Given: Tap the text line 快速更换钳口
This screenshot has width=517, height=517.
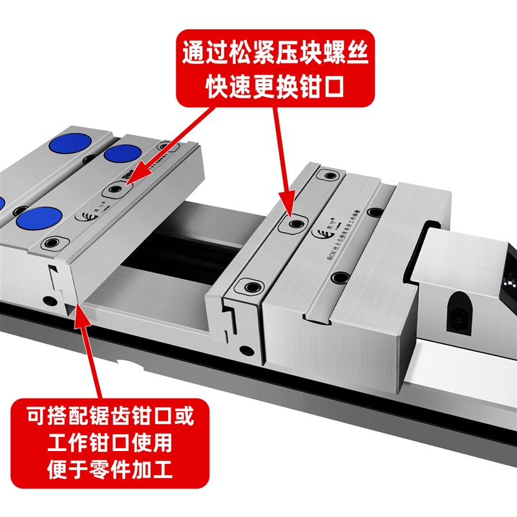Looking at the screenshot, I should point(276,87).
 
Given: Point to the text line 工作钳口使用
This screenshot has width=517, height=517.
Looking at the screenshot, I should point(110,443).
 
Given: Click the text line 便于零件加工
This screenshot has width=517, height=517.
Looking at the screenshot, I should point(110,472).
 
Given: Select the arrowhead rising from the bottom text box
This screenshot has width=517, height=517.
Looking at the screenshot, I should point(79,310).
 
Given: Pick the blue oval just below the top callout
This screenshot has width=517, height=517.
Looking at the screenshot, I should point(123,153).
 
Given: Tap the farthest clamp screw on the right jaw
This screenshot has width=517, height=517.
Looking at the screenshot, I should point(330,175).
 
